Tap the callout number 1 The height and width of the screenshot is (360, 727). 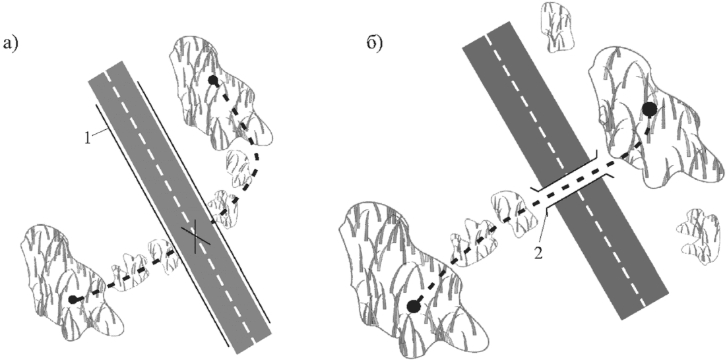88,138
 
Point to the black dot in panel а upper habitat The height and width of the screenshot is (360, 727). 213,80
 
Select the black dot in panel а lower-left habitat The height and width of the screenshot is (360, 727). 73,300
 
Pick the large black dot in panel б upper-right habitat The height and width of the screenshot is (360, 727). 650,110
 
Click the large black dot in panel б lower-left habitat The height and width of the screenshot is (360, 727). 413,306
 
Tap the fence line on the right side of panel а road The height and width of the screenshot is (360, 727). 205,202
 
